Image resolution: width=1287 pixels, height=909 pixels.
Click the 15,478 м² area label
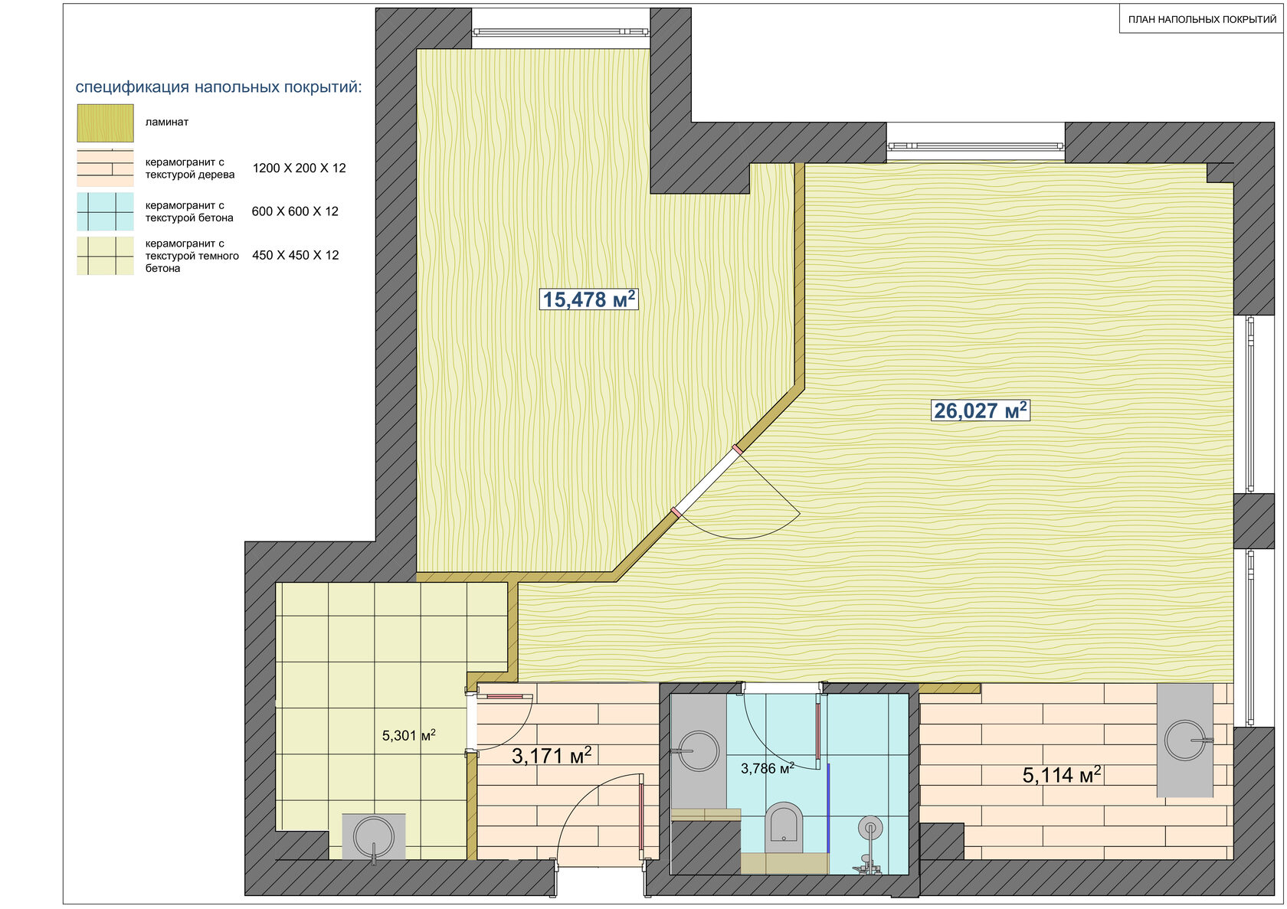[588, 299]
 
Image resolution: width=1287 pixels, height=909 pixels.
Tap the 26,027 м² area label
[981, 410]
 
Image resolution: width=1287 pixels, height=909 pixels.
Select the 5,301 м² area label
[408, 735]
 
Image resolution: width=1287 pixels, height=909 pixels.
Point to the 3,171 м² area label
[552, 756]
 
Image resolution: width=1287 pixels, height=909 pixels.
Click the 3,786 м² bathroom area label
[768, 768]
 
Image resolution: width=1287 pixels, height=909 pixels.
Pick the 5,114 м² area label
[1062, 775]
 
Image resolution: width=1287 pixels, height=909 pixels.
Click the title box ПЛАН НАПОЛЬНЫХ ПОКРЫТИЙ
[1202, 19]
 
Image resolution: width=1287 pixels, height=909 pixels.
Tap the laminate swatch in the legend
[106, 123]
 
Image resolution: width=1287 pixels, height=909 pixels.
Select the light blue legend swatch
[105, 211]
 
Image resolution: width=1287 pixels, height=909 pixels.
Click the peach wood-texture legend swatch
[105, 168]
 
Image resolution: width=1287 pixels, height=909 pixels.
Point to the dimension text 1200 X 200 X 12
[300, 168]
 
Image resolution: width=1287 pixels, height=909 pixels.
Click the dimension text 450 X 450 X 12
[296, 255]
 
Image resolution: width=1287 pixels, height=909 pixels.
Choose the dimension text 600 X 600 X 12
[295, 211]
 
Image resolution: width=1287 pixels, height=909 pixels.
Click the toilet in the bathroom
[784, 828]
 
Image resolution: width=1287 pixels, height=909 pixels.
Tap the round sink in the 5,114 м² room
[1184, 741]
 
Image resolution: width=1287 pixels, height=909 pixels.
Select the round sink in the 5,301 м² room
[374, 837]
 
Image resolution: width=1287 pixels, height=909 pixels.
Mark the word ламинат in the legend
[167, 122]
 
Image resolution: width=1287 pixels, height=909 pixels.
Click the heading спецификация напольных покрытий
[219, 87]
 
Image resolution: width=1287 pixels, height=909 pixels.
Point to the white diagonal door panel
[707, 481]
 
